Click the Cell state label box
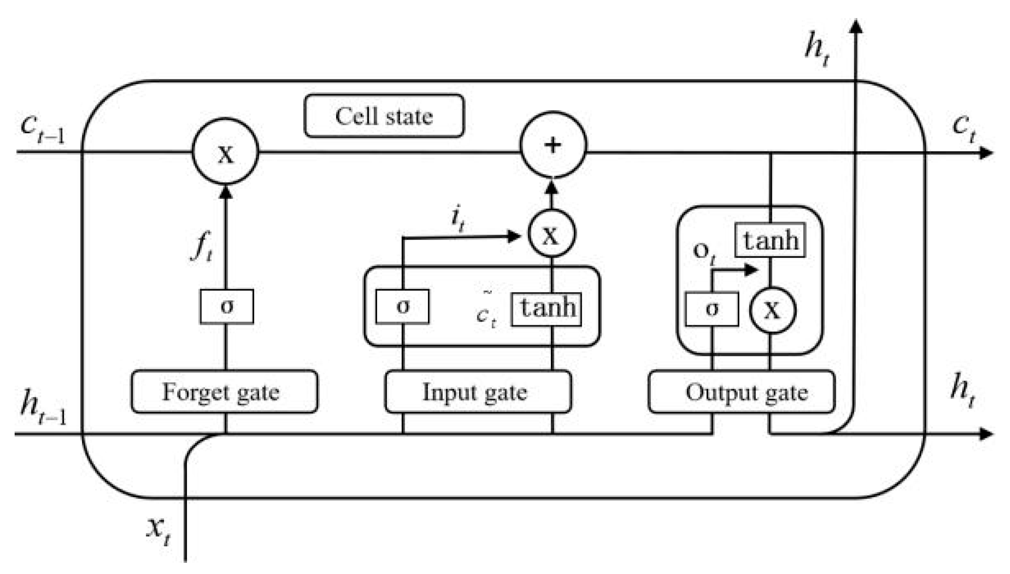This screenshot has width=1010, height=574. click(384, 116)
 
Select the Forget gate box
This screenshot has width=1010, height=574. click(224, 392)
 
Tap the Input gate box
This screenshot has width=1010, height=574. click(478, 392)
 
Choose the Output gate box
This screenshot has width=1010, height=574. click(741, 392)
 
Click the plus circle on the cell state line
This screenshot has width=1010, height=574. click(553, 145)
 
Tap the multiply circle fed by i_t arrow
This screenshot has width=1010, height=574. click(552, 234)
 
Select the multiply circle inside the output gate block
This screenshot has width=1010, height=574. click(772, 310)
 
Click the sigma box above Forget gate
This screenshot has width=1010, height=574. click(226, 307)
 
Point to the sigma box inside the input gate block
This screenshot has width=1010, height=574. click(403, 307)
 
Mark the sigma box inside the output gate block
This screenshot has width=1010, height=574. click(711, 309)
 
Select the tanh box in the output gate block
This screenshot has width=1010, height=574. click(770, 240)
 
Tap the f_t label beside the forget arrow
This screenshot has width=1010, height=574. click(202, 247)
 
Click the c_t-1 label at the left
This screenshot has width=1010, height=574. click(42, 128)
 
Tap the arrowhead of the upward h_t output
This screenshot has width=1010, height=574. click(856, 26)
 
